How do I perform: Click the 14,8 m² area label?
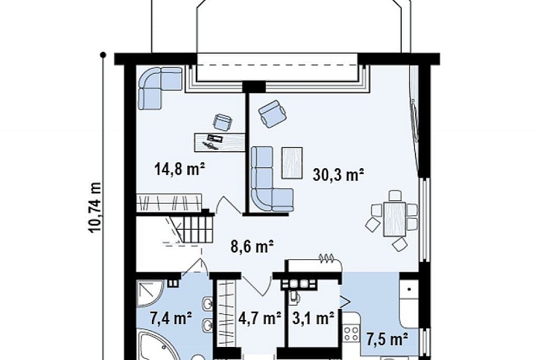(x=180, y=169)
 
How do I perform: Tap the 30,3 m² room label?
(x=338, y=174)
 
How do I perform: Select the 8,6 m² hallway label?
(x=252, y=247)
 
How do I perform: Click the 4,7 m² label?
(x=260, y=318)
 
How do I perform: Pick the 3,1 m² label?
(x=313, y=318)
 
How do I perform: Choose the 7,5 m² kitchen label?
(x=387, y=339)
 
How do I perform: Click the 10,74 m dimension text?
(x=95, y=207)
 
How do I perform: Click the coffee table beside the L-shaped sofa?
(x=292, y=162)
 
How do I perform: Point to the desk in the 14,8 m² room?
(x=220, y=142)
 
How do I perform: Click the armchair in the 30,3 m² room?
(x=273, y=114)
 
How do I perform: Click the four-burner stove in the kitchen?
(x=351, y=333)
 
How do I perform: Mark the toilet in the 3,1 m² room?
(x=293, y=296)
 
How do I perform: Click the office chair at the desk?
(x=222, y=122)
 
